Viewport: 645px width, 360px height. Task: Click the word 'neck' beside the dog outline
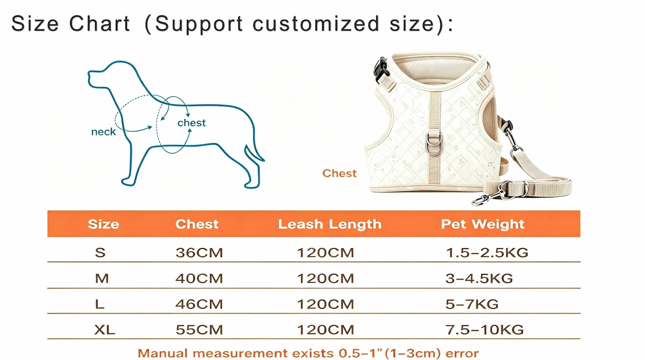point(103,132)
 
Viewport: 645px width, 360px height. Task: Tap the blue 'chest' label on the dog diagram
point(191,123)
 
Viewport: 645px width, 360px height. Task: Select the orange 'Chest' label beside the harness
point(340,173)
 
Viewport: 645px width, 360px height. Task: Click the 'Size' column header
point(103,224)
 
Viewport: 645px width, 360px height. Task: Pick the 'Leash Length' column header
point(330,225)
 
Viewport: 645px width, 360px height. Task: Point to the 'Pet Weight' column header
point(482,225)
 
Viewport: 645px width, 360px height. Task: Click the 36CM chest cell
point(199,252)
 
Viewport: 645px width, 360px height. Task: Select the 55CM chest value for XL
point(199,329)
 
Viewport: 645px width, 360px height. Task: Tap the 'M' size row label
point(102,278)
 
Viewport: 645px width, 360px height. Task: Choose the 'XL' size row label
point(104,329)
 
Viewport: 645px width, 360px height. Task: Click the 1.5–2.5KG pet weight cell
point(487,252)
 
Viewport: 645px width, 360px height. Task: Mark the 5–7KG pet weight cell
point(472,304)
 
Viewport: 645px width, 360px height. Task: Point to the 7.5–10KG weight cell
point(484,329)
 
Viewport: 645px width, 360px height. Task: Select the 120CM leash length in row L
point(326,304)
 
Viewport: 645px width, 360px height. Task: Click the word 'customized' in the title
point(316,24)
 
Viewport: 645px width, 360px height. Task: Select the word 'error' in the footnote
point(462,353)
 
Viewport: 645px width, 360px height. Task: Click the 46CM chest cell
point(199,304)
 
